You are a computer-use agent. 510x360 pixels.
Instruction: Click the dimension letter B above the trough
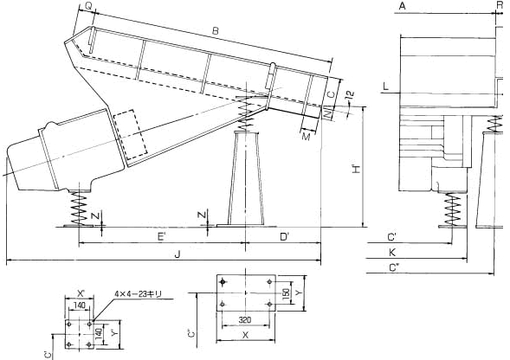[216, 31]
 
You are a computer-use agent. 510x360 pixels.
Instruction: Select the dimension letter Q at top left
[88, 5]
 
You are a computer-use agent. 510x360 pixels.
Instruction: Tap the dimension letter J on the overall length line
[178, 254]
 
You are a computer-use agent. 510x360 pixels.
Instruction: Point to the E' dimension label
[161, 237]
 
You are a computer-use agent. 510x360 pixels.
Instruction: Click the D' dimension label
[285, 237]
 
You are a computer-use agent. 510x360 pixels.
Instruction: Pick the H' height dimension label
[357, 169]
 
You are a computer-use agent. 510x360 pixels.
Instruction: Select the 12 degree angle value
[350, 94]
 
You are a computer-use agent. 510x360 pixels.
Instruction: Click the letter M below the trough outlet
[306, 137]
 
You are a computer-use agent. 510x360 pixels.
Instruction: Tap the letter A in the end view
[403, 5]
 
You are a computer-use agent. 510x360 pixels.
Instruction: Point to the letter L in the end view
[386, 87]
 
